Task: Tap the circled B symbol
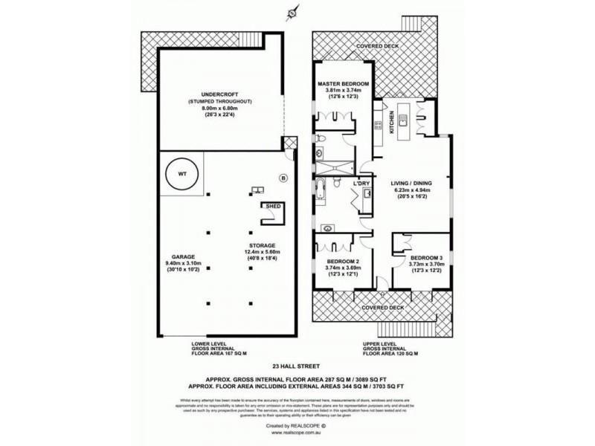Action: pos(283,177)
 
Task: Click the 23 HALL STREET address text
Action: pos(297,365)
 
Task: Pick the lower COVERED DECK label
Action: pos(383,306)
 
